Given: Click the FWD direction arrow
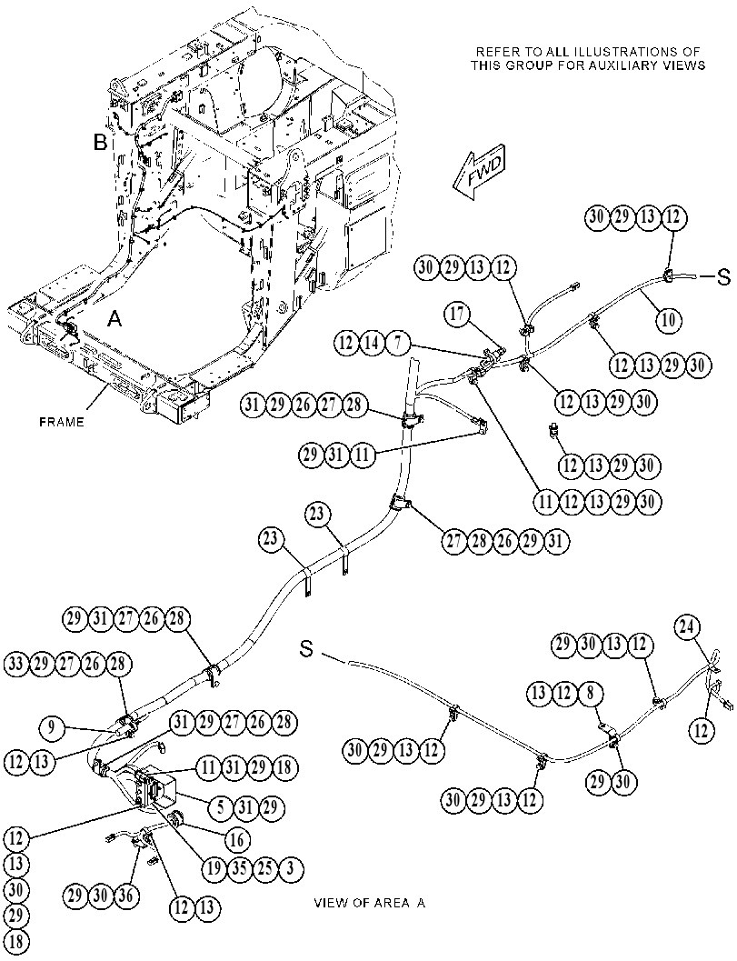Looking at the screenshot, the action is point(479,172).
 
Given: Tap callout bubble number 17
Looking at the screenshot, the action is point(457,315).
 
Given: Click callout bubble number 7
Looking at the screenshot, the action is point(398,344).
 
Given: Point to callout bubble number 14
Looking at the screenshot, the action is point(373,344).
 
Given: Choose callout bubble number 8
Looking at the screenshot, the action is point(590,693).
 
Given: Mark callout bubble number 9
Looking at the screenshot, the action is point(52,728).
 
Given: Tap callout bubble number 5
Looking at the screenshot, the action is point(221,807).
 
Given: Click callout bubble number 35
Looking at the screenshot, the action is point(240,868).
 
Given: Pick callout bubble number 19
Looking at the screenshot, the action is point(214,868).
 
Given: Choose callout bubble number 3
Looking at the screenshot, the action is point(291,868).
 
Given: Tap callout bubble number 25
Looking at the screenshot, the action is point(265,868).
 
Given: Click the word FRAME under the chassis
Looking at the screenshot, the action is point(61,422).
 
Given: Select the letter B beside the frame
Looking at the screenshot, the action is point(100,144).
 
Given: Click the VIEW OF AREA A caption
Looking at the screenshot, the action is point(370,903).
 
